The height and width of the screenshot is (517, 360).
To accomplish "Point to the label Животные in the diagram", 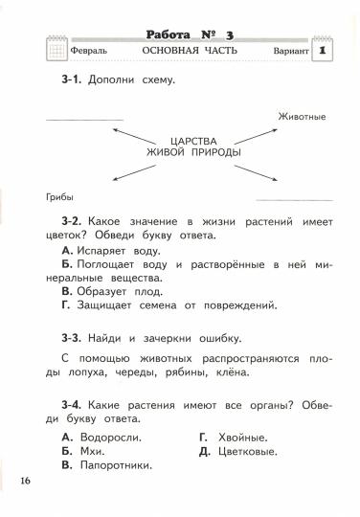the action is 303,117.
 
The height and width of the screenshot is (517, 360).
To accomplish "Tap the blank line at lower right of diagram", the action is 294,198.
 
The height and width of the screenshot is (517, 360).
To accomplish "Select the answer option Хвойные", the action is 237,438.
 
